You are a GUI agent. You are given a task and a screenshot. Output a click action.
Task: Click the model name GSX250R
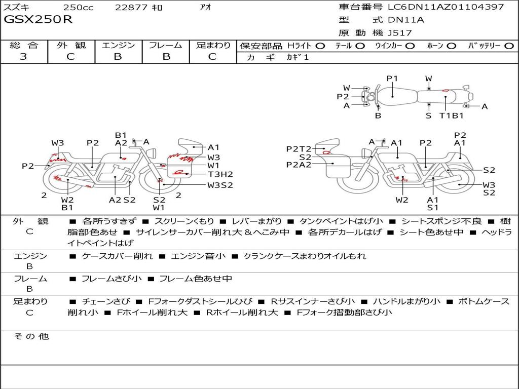pyautogui.click(x=38, y=20)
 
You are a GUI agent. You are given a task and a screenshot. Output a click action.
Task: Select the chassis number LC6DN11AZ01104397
pyautogui.click(x=446, y=7)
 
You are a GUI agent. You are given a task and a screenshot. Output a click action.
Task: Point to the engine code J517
pyautogui.click(x=399, y=33)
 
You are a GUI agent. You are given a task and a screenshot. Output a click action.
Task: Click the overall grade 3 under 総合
pyautogui.click(x=23, y=56)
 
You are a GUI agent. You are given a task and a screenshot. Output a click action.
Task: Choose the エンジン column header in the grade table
pyautogui.click(x=118, y=45)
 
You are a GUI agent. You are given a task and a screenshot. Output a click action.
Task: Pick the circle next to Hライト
pyautogui.click(x=320, y=46)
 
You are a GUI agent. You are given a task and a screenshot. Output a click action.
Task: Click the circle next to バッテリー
pyautogui.click(x=509, y=46)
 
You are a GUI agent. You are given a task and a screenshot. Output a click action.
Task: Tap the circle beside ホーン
pyautogui.click(x=452, y=46)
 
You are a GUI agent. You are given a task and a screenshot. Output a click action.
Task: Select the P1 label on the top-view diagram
pyautogui.click(x=392, y=79)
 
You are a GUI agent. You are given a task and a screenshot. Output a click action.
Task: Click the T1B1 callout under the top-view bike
pyautogui.click(x=451, y=115)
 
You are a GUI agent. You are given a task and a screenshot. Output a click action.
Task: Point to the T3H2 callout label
pyautogui.click(x=220, y=174)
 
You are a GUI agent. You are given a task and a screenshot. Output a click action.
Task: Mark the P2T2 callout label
pyautogui.click(x=299, y=149)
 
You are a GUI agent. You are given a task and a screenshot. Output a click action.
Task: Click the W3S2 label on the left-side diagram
pyautogui.click(x=220, y=185)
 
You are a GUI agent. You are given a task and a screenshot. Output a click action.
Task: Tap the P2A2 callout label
pyautogui.click(x=299, y=165)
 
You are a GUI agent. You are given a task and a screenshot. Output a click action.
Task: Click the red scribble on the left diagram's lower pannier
pyautogui.click(x=178, y=172)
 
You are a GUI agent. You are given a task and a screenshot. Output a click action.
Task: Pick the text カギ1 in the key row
pyautogui.click(x=298, y=57)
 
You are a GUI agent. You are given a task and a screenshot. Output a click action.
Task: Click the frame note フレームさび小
pyautogui.click(x=112, y=279)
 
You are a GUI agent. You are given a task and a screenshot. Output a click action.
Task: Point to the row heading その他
pyautogui.click(x=31, y=336)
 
